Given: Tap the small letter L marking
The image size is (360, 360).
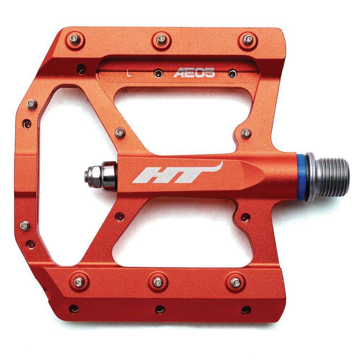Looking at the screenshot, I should pyautogui.click(x=129, y=75).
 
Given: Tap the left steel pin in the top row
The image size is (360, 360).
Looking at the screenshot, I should pyautogui.click(x=75, y=40).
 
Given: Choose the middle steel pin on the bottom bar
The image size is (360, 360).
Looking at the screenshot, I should pyautogui.click(x=158, y=282).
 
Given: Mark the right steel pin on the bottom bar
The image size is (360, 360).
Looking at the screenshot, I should pyautogui.click(x=236, y=282).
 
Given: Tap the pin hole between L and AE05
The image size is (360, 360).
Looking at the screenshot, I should pyautogui.click(x=158, y=74).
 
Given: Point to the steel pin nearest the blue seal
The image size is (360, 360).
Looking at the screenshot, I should pyautogui.click(x=246, y=133).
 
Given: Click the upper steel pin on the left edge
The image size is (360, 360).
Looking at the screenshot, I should pyautogui.click(x=32, y=105).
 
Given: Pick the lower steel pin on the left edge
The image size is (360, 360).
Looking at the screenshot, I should pyautogui.click(x=25, y=226).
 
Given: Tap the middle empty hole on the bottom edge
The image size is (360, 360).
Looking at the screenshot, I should pyautogui.click(x=160, y=309).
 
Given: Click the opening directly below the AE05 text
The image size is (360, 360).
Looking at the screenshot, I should pyautogui.click(x=180, y=115).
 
